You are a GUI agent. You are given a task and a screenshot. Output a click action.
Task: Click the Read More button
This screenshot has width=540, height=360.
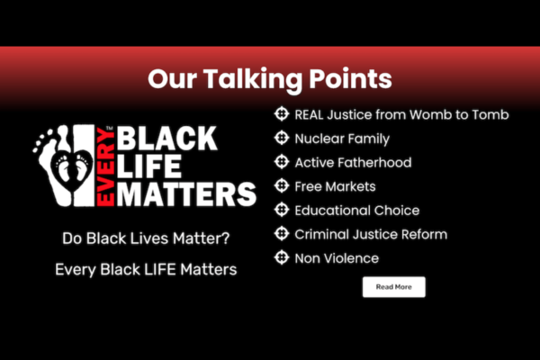[393, 287]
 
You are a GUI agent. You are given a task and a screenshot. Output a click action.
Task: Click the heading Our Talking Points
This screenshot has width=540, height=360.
[270, 78]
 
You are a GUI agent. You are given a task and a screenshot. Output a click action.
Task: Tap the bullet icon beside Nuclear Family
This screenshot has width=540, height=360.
[281, 139]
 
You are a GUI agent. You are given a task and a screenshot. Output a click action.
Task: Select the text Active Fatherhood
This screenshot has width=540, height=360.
[353, 163]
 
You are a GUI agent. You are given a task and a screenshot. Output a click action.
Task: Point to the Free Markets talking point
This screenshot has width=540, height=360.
[335, 186]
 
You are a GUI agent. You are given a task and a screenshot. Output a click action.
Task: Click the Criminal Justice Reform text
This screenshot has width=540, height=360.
[371, 234]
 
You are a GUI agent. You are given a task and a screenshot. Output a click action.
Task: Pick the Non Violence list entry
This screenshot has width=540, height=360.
[337, 258]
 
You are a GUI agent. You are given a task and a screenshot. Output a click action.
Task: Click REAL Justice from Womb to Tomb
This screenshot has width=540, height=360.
[401, 114]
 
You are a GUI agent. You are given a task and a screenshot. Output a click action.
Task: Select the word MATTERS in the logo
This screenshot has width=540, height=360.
[180, 194]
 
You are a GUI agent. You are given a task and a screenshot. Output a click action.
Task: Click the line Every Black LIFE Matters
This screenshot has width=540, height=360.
[144, 268]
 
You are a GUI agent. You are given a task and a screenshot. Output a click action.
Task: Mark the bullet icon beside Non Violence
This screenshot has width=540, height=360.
[281, 258]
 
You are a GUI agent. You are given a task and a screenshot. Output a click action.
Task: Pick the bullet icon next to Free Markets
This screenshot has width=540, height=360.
[281, 186]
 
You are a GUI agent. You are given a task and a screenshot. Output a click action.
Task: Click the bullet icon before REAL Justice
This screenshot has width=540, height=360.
[281, 114]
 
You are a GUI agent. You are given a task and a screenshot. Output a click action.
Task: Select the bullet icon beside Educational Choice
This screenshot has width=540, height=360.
[281, 211]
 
